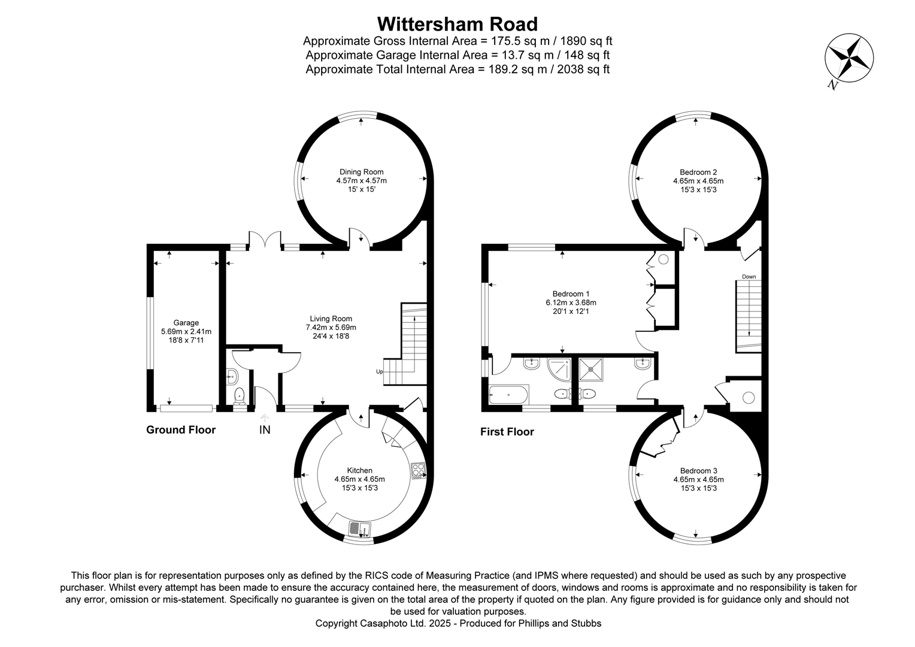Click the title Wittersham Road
[x=457, y=24]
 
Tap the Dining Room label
[x=361, y=172]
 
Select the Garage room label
[x=186, y=323]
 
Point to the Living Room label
[x=331, y=319]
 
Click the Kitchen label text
[x=359, y=470]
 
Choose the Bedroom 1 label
[x=571, y=294]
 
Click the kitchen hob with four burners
[x=418, y=471]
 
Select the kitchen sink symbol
[x=360, y=529]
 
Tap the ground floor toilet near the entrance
[x=240, y=395]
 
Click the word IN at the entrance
[x=265, y=430]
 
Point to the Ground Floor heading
[x=181, y=430]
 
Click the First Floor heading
[x=507, y=431]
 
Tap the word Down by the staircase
[x=749, y=277]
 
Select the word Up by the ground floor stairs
[x=379, y=371]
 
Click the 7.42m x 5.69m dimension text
[x=331, y=328]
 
